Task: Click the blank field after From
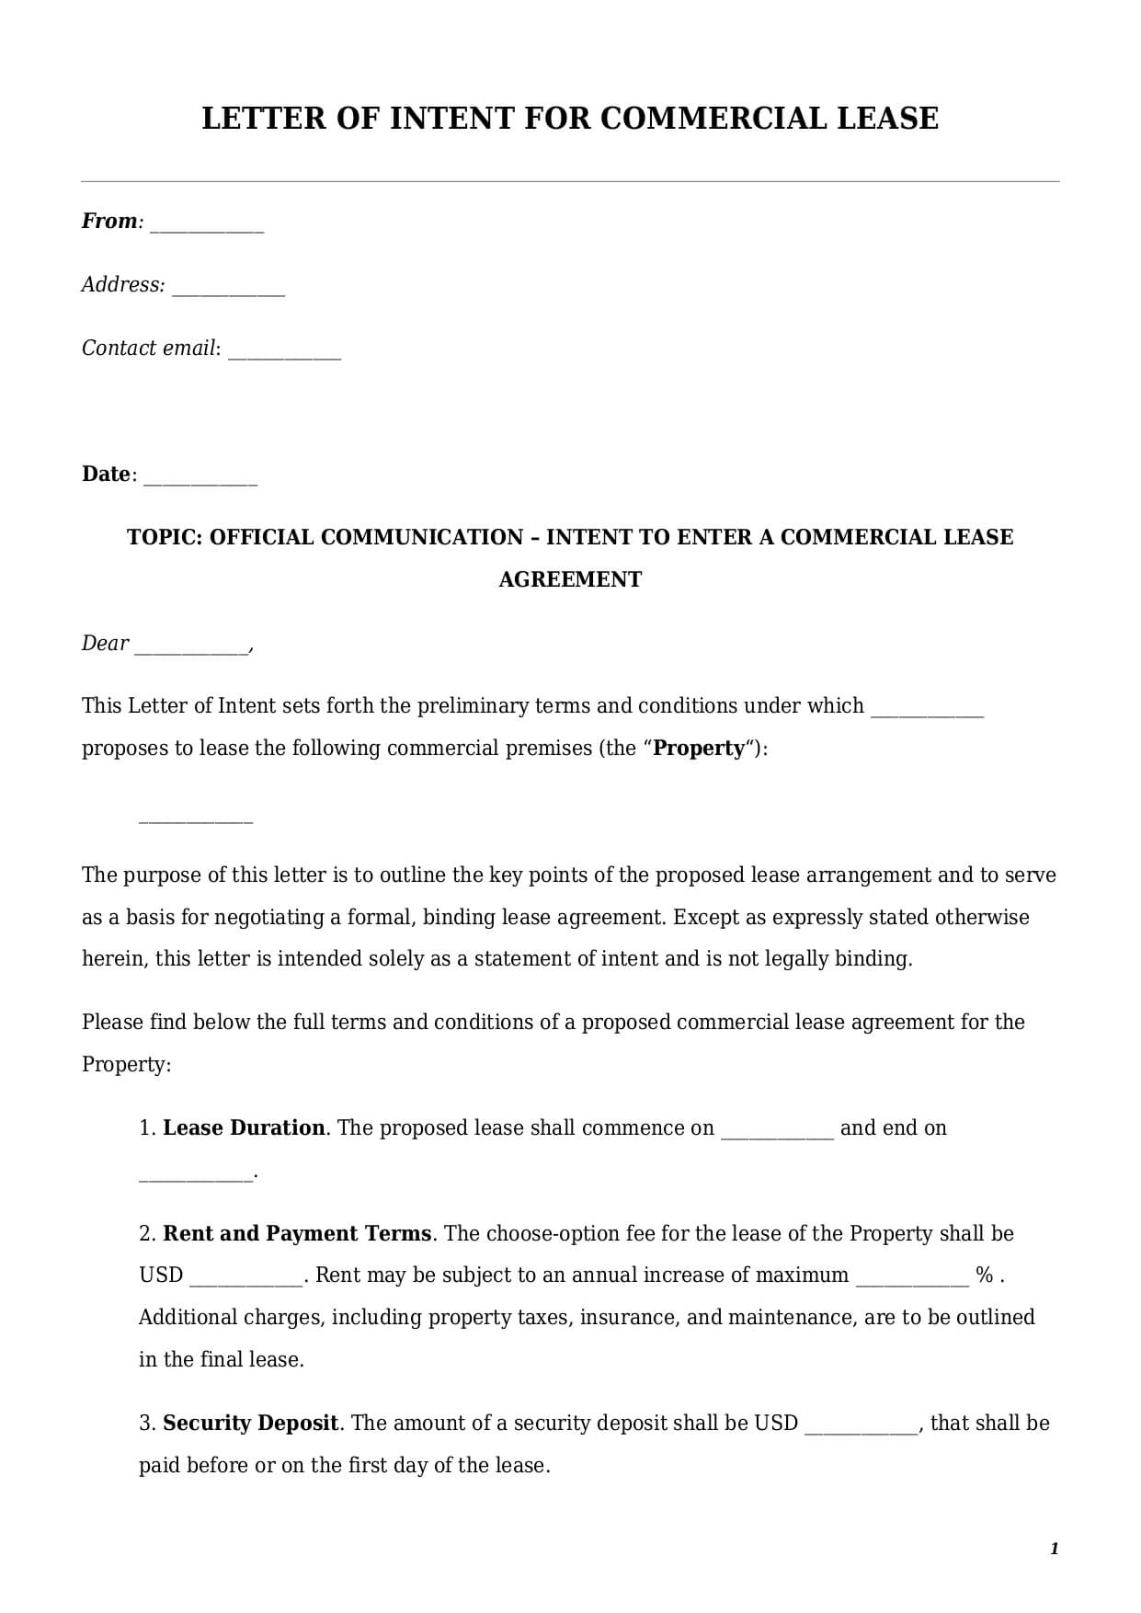tap(207, 226)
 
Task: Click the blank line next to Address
tap(228, 290)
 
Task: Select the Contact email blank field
tap(284, 353)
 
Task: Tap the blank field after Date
tap(200, 479)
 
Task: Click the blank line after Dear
tap(191, 648)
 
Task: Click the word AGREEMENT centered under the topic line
tap(570, 579)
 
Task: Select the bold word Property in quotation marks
tap(699, 749)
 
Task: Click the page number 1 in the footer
tap(1054, 1549)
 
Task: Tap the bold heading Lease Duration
tap(244, 1128)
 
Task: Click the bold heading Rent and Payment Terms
tap(297, 1234)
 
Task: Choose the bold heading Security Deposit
tap(251, 1424)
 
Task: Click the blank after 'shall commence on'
tap(777, 1133)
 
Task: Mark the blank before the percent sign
tap(912, 1280)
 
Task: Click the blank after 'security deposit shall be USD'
tap(861, 1428)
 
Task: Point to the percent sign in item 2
tap(984, 1276)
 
